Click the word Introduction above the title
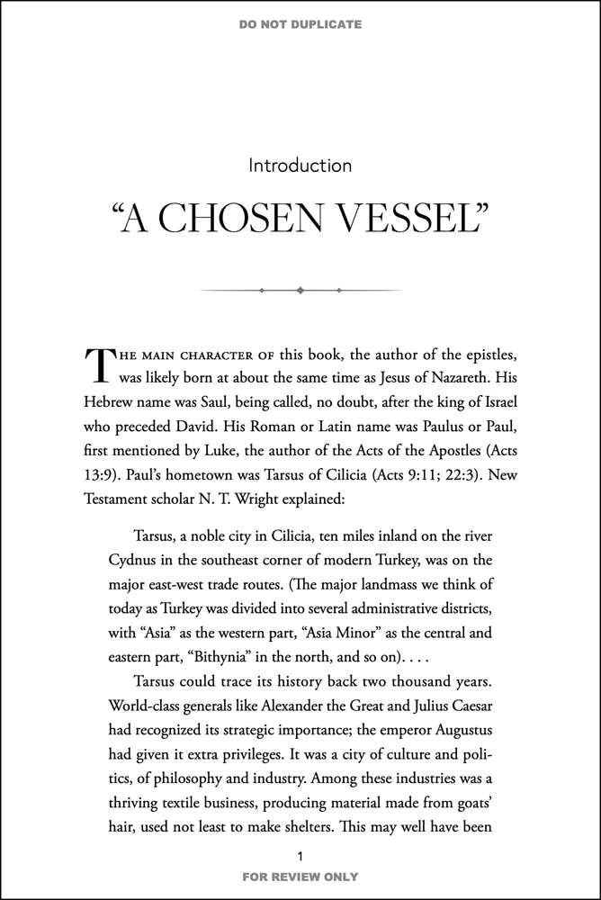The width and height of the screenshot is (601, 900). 300,166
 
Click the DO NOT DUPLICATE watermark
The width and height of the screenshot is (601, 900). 300,24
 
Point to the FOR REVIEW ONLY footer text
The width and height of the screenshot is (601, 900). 300,876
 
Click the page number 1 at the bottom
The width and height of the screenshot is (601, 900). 300,854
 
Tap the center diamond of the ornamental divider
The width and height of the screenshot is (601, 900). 300,290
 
